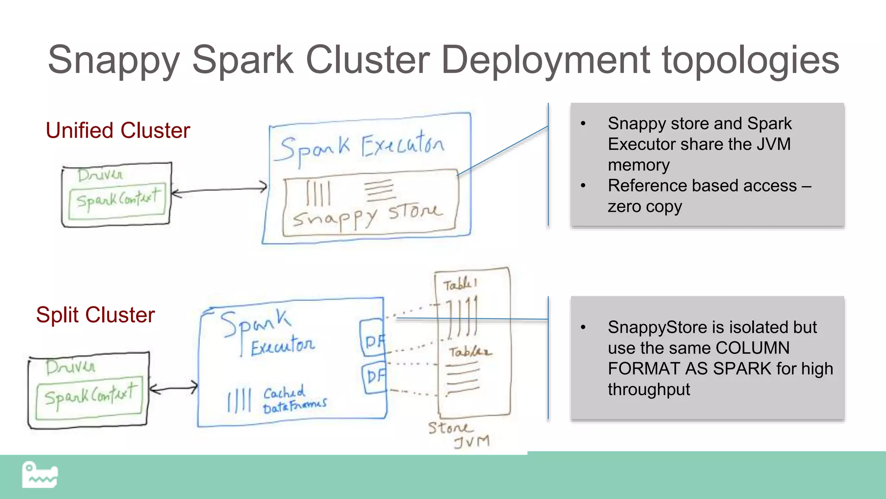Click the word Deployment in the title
(x=545, y=60)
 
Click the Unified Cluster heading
(x=118, y=130)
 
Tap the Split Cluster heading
(x=95, y=315)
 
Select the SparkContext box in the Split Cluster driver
(x=90, y=397)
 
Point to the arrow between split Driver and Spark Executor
(x=173, y=388)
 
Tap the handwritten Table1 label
(x=460, y=285)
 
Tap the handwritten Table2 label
(x=469, y=351)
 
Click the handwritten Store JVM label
(x=459, y=434)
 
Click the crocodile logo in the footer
(x=40, y=475)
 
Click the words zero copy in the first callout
(x=645, y=207)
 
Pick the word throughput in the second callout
(x=648, y=389)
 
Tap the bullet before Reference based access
(x=583, y=186)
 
